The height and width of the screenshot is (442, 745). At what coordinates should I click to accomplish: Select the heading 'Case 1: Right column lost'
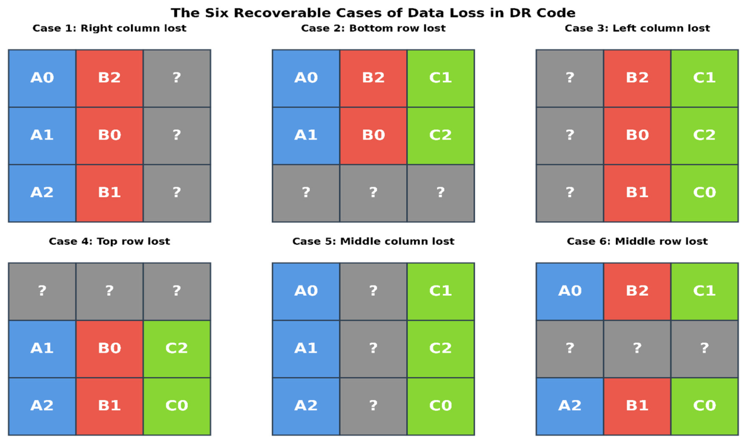[110, 28]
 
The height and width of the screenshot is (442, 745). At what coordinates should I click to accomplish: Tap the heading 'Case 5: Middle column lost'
[373, 241]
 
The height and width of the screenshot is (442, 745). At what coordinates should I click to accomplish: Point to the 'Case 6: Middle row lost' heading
[637, 241]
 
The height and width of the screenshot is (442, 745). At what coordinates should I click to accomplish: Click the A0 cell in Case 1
[42, 79]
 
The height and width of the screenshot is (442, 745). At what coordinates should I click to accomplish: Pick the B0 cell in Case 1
[110, 136]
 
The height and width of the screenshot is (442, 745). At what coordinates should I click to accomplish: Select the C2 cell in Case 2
[441, 136]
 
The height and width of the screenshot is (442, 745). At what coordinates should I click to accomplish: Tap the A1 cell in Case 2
[306, 136]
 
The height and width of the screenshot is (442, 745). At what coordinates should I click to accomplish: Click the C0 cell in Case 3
[704, 193]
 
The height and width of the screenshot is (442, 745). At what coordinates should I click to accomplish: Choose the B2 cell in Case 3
[637, 79]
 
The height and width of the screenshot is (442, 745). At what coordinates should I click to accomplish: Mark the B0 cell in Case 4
[110, 349]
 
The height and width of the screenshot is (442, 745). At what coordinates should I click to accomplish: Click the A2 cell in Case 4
[42, 406]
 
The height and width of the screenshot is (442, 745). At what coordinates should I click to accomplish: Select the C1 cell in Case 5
[441, 292]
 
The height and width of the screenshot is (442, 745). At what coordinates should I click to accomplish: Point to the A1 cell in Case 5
[306, 349]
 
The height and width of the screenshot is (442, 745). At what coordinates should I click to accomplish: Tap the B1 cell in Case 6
[637, 406]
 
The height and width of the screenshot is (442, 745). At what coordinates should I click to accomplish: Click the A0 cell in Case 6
[570, 292]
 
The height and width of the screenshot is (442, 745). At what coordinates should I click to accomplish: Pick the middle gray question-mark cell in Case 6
[637, 349]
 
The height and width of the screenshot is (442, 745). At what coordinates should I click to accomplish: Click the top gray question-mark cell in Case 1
[176, 79]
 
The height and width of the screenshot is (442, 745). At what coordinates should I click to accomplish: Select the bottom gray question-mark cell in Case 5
[373, 406]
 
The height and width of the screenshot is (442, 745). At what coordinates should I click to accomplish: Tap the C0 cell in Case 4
[176, 406]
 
